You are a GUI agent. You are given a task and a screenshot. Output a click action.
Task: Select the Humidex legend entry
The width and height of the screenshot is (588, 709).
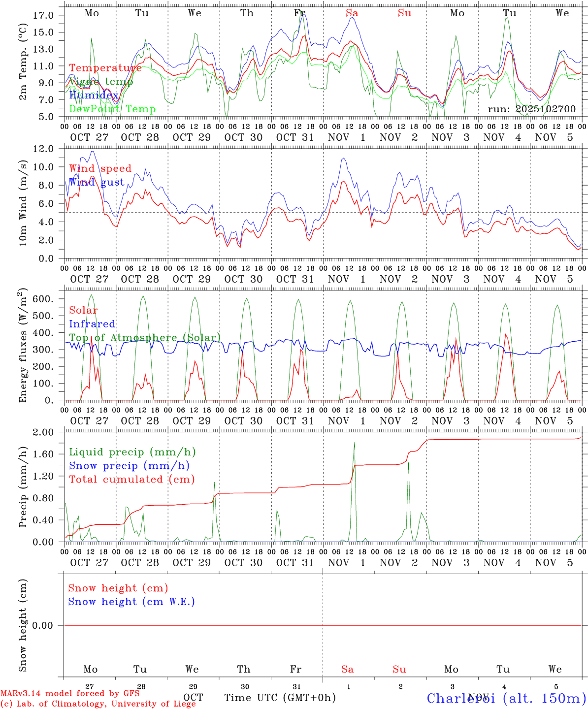click(x=94, y=95)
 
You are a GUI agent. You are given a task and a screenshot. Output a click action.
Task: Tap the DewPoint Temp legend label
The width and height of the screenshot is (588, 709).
click(x=112, y=109)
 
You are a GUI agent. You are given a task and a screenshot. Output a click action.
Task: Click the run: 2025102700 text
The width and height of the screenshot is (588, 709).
click(x=531, y=109)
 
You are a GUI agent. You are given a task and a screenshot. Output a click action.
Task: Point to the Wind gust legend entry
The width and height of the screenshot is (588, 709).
click(x=97, y=182)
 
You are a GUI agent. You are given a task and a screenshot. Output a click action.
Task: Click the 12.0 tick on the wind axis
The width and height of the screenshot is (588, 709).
click(x=49, y=149)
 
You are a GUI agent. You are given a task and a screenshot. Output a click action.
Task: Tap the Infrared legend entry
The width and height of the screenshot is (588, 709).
click(x=92, y=324)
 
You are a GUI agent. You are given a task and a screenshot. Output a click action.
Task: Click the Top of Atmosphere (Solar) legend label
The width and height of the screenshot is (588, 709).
click(x=145, y=338)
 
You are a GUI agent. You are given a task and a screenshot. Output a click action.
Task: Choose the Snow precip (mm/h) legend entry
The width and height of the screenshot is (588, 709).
click(x=129, y=466)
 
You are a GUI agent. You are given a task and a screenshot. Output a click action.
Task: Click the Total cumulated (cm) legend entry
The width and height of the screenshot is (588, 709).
click(x=131, y=479)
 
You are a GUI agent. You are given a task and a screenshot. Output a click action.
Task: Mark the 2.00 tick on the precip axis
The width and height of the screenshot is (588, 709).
click(x=49, y=432)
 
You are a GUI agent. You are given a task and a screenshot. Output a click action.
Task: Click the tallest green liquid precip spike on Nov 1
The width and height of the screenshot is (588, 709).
click(x=354, y=443)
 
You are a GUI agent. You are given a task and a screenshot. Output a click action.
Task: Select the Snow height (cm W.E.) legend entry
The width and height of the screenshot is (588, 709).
click(x=131, y=602)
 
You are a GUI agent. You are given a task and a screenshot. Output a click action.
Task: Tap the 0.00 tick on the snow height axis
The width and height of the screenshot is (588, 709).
click(x=49, y=625)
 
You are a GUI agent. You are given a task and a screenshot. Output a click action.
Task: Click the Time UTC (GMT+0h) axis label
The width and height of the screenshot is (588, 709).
click(x=280, y=698)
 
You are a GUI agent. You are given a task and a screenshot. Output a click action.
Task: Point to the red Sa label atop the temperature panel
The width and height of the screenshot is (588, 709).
click(x=352, y=13)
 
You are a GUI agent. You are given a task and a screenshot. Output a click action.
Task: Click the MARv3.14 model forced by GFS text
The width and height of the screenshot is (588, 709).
click(x=70, y=694)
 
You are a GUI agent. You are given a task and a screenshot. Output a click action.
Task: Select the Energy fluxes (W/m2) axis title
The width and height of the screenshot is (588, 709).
click(x=23, y=347)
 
